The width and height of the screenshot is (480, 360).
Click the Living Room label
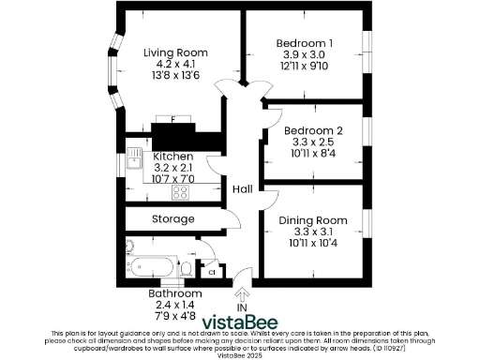point(175,52)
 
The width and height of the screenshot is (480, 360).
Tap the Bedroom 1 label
point(305,43)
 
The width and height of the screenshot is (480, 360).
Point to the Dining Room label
point(313,220)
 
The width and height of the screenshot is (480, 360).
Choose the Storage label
point(173,218)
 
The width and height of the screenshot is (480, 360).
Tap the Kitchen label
point(173,156)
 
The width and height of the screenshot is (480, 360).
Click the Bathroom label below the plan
point(175,293)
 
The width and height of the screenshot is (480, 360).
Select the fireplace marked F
point(173,122)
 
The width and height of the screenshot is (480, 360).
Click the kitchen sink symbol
point(135,157)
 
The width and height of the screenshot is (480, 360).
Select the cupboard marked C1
point(212,272)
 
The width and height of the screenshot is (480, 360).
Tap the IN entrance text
point(243,307)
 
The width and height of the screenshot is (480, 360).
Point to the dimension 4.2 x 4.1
point(175,66)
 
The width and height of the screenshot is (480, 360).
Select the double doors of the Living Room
point(232,89)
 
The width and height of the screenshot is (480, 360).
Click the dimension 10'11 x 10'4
point(313,243)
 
